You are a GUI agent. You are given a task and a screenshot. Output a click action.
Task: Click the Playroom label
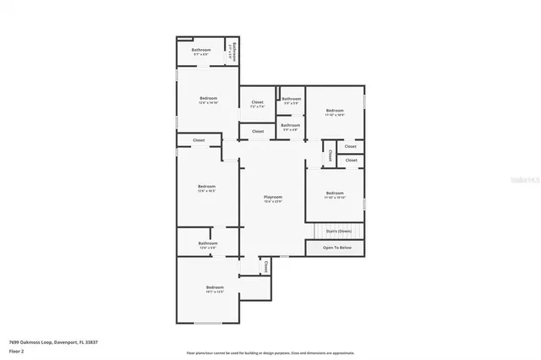tap(272, 197)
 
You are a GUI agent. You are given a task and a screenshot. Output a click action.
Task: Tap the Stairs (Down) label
tap(338, 231)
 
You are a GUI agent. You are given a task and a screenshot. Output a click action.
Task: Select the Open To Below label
tap(335, 248)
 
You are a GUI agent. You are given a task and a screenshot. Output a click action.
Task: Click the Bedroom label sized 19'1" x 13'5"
tap(215, 289)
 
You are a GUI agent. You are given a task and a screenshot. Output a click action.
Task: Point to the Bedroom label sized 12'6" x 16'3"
tap(207, 188)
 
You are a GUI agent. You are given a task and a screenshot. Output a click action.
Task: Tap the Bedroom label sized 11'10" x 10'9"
tap(335, 112)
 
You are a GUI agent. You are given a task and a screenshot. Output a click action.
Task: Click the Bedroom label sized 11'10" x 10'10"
tap(335, 194)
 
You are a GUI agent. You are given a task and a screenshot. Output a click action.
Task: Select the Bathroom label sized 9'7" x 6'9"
tap(201, 51)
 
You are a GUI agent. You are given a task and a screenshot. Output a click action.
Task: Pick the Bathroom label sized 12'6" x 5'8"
tap(208, 244)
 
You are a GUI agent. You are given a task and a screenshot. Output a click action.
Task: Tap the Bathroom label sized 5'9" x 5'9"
tap(292, 101)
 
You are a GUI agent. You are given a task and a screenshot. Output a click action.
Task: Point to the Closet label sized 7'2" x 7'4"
tap(257, 104)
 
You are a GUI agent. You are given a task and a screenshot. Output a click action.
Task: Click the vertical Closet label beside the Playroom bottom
tap(267, 266)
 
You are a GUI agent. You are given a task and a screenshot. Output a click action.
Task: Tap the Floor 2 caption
tap(17, 350)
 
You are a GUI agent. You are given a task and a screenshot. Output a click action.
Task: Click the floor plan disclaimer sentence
tap(270, 352)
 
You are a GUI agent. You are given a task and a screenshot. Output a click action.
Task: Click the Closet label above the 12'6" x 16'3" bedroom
tap(199, 140)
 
